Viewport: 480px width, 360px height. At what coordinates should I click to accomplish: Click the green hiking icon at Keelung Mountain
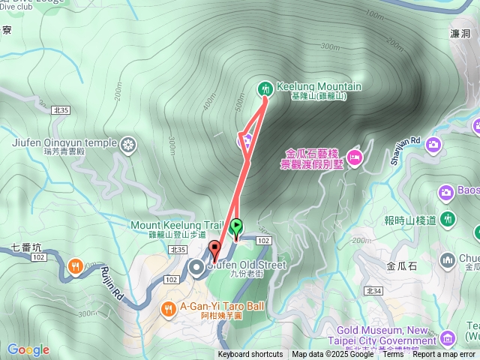[x=264, y=88]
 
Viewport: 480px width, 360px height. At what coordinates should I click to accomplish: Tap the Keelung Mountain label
[x=319, y=87]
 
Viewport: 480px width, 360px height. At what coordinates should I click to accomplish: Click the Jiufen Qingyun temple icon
[x=129, y=142]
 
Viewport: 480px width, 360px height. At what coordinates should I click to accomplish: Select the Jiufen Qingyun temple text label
[x=64, y=142]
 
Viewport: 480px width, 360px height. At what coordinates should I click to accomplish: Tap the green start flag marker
[x=237, y=225]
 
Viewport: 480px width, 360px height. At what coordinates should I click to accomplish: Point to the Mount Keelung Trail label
[x=177, y=224]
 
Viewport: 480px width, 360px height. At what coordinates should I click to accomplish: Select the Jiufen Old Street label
[x=247, y=265]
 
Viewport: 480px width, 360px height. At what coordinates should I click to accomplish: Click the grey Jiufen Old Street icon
[x=197, y=266]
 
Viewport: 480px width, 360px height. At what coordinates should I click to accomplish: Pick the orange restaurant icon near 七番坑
[x=76, y=265]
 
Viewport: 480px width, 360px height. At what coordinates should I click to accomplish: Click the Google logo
[x=28, y=349]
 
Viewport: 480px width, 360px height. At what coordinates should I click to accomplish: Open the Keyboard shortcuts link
[x=250, y=355]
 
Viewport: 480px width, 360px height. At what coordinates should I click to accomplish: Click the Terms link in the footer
[x=393, y=355]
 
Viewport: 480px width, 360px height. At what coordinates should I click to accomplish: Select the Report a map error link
[x=444, y=355]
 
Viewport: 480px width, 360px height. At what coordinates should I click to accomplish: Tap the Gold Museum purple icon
[x=448, y=337]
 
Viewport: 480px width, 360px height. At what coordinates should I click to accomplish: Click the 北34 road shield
[x=373, y=290]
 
